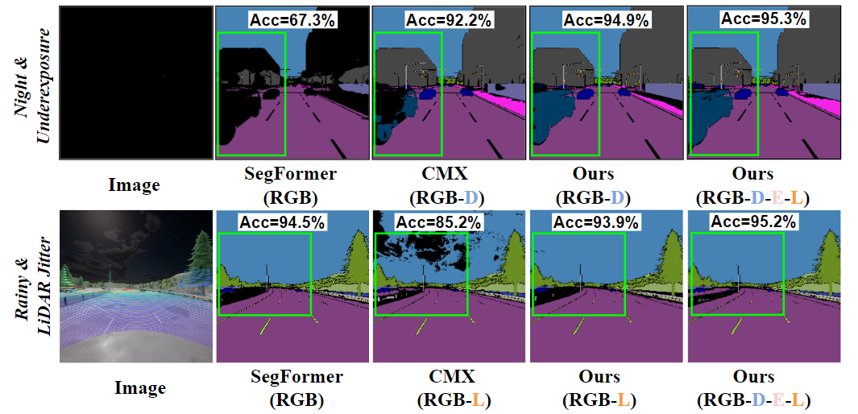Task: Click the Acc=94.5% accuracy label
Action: [283, 221]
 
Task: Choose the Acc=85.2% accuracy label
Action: [440, 221]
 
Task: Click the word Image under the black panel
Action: [134, 184]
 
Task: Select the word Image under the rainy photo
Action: [139, 387]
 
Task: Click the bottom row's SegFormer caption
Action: [296, 387]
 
